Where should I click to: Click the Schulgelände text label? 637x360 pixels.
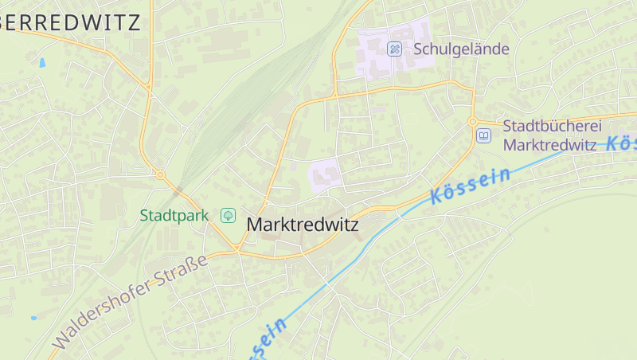pos(461,49)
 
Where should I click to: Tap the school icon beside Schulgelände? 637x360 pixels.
pos(394,49)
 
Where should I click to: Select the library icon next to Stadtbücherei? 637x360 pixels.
pos(484,135)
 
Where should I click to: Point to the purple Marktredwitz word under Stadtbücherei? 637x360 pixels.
pos(550,145)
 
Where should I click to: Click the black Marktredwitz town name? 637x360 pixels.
pos(303,225)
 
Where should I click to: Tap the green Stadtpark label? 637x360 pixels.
pos(174,215)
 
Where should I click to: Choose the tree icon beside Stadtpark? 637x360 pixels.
pos(229,215)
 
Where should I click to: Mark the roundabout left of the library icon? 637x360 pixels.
pos(472,122)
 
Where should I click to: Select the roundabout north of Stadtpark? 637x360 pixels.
pos(160,174)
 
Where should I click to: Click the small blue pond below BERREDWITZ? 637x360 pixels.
pos(41,62)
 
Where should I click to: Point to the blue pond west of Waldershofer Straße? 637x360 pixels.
pos(33,318)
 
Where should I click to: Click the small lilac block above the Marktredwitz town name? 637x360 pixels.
pos(325,174)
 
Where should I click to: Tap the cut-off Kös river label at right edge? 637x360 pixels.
pos(621,143)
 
